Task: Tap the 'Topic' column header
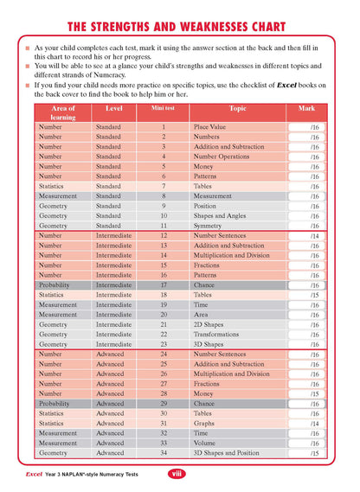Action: coord(237,109)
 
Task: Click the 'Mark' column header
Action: coord(306,109)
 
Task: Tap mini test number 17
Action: coord(164,284)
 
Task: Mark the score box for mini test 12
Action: coord(314,236)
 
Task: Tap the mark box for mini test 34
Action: coord(314,453)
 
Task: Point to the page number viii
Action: coord(177,474)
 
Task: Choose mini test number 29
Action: coord(164,404)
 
